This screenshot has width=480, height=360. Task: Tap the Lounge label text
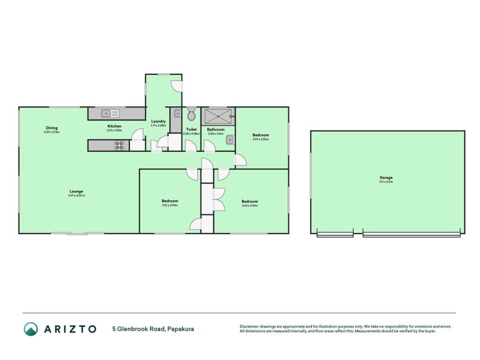pos(76,191)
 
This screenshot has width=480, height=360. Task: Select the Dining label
pos(52,127)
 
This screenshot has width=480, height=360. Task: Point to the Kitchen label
pos(114,126)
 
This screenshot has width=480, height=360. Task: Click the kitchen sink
pos(110,113)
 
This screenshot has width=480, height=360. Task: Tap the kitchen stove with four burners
pos(119,145)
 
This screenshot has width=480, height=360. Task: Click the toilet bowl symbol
pos(191,114)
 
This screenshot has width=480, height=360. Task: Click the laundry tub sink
pos(177,113)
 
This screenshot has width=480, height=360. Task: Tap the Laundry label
pos(158,122)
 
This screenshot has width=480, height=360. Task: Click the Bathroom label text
pos(215,129)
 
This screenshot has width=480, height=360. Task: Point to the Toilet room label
pos(191,129)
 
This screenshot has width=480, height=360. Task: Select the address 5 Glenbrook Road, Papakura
pos(153,329)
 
